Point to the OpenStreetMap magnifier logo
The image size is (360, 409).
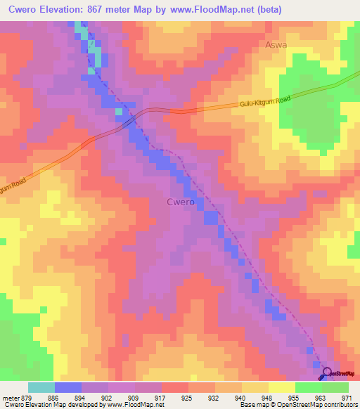(326, 373)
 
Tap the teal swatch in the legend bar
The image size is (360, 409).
(41, 387)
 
